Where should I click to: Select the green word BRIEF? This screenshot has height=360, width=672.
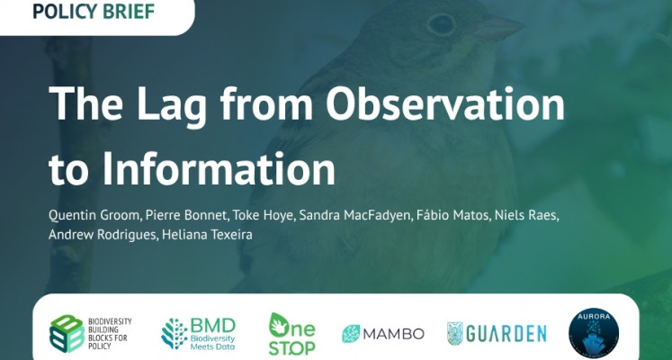[129, 11]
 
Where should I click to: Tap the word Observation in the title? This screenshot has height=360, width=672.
[445, 104]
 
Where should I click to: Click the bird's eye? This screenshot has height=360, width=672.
[441, 24]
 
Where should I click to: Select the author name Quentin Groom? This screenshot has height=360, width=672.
[94, 215]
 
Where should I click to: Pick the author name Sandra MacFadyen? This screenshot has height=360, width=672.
[355, 215]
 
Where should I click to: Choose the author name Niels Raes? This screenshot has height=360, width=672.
[526, 215]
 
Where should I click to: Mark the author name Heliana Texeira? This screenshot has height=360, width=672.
[207, 234]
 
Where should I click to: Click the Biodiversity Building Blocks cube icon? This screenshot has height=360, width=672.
[67, 333]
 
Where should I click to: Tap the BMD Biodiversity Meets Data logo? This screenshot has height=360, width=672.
[199, 334]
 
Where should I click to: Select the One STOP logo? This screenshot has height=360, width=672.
[291, 334]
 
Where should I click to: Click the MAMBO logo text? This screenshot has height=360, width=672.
[393, 334]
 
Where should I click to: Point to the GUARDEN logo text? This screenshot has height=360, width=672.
[506, 334]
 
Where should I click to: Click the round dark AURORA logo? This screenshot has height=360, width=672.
[594, 333]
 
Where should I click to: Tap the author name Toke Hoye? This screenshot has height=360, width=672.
[264, 215]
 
